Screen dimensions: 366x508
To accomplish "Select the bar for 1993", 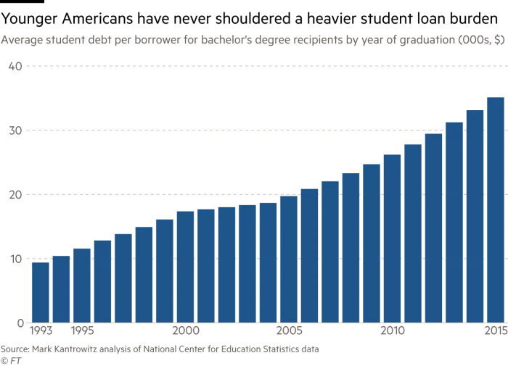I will tap(41, 293).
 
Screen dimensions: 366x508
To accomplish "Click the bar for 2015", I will tap(496, 210).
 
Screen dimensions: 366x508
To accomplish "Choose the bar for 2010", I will tap(392, 238).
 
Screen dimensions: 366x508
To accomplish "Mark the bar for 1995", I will tap(82, 286).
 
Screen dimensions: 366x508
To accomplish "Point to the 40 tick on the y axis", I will tap(14, 67).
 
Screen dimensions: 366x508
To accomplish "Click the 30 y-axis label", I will tap(14, 130).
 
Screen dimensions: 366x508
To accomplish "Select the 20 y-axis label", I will tap(14, 195).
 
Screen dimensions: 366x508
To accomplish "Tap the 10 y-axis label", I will tap(14, 259).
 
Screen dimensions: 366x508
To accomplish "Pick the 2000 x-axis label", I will tap(187, 332).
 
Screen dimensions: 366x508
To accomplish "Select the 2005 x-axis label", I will tap(290, 332).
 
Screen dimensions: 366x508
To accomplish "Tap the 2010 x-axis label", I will tap(393, 332).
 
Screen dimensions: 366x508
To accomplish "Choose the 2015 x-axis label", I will tap(494, 332).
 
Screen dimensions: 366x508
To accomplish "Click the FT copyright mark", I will tap(9, 359).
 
